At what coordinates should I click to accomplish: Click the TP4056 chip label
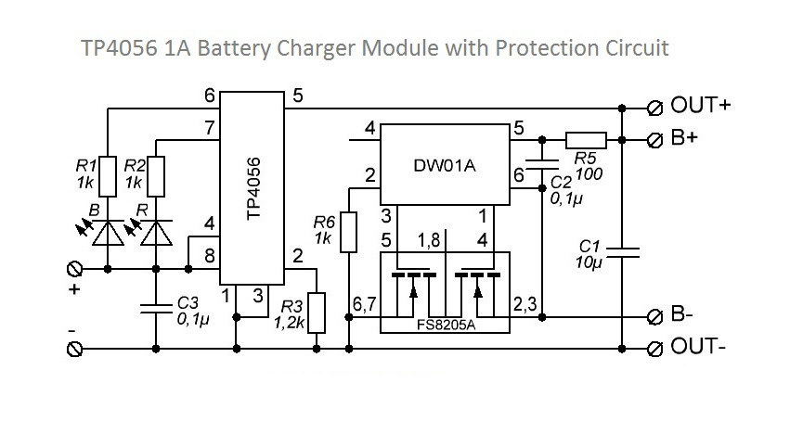254,188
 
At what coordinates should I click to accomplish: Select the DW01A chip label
445,165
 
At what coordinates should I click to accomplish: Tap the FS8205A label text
446,325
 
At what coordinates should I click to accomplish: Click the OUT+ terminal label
700,105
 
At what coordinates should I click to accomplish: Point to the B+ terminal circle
654,140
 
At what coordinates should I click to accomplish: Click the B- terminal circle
654,317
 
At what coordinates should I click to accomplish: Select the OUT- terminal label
698,346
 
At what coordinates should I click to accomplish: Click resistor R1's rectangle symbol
108,176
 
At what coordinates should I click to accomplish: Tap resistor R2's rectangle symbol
156,176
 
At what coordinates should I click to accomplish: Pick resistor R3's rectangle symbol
317,313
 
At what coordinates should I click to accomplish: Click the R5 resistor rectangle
586,140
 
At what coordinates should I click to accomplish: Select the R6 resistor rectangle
349,232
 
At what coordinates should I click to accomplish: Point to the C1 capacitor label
589,254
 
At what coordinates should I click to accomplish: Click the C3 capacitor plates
156,309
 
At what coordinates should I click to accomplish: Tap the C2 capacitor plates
542,164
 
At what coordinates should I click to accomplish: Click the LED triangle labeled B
108,233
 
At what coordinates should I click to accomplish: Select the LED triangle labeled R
156,233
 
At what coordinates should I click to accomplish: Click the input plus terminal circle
74,269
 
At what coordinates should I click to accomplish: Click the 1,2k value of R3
289,323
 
